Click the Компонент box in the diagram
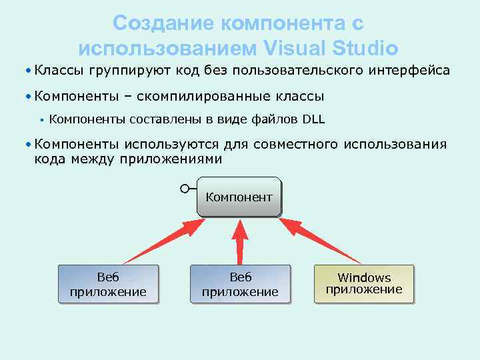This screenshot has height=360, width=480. [x=239, y=197]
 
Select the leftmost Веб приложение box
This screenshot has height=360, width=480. [x=108, y=285]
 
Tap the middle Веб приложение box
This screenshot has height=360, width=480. [x=240, y=285]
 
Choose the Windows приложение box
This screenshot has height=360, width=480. [x=364, y=283]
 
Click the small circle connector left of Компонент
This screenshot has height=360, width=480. [x=185, y=189]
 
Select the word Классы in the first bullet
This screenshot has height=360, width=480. [x=59, y=70]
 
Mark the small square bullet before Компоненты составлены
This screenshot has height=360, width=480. [x=41, y=120]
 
